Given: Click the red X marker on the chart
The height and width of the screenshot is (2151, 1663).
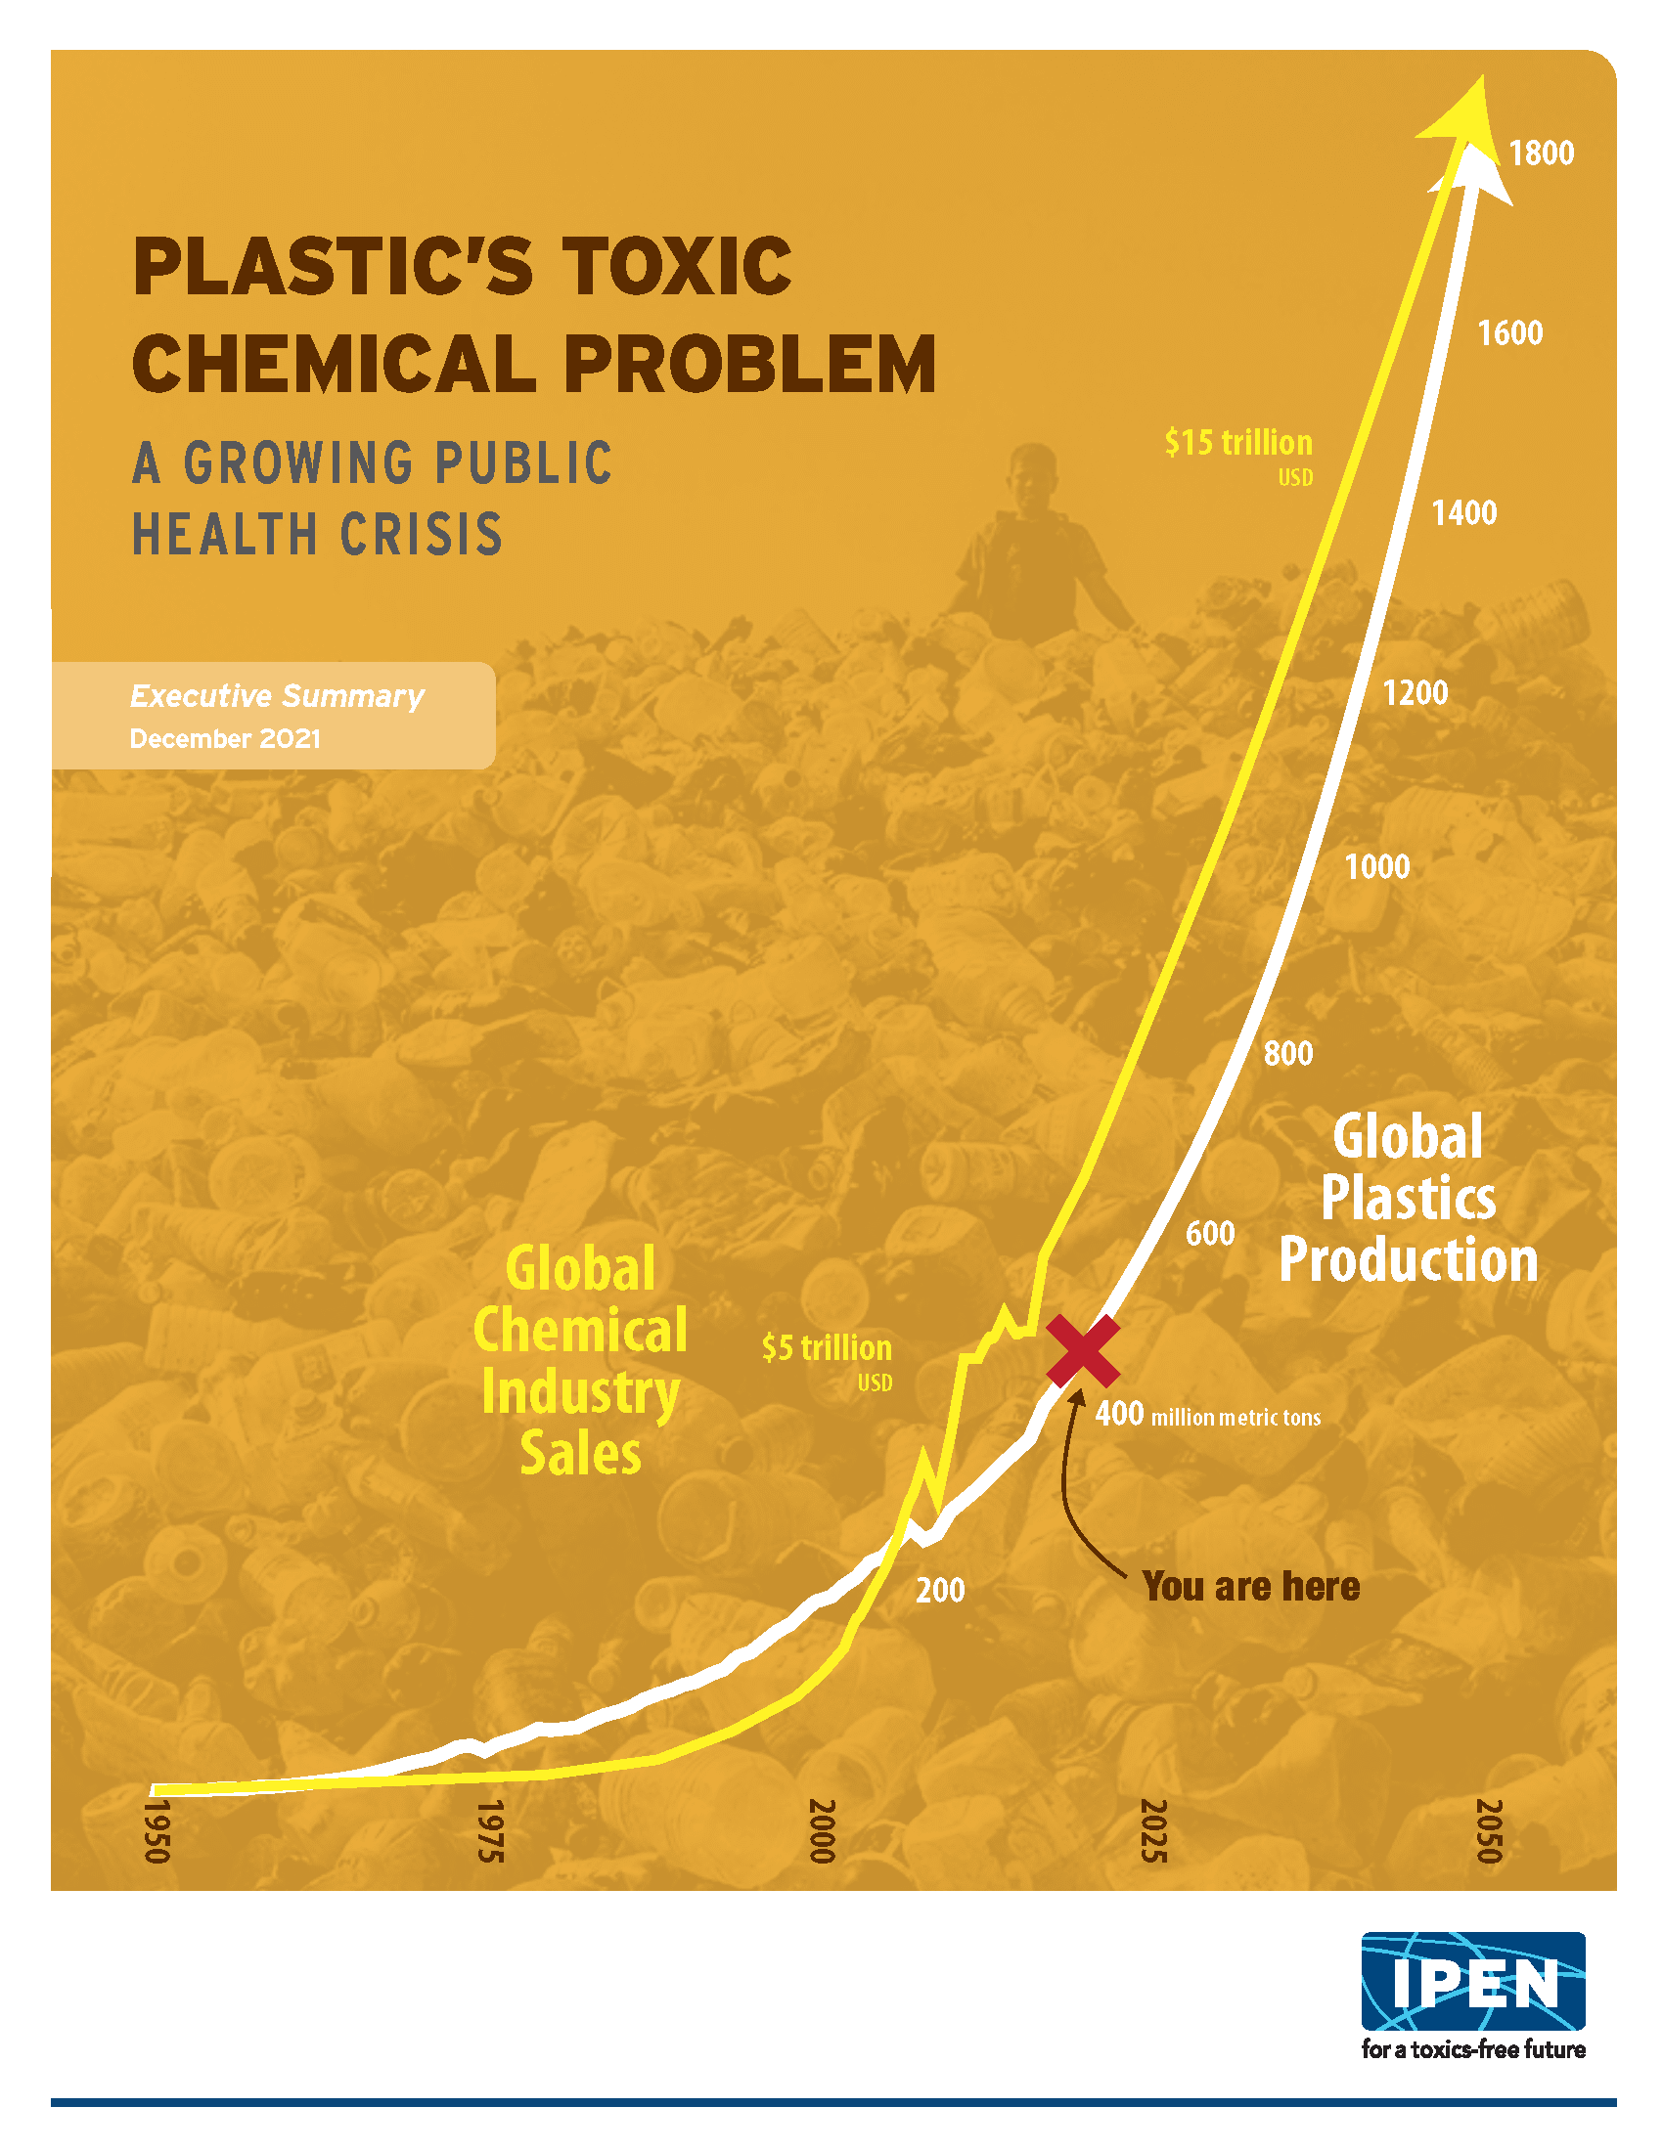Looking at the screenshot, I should tap(1082, 1350).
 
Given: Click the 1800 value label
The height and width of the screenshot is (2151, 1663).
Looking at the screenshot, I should tap(1541, 154).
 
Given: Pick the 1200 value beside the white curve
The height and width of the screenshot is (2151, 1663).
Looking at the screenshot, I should tap(1415, 693).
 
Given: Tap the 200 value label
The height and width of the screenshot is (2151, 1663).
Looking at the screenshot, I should tap(940, 1591).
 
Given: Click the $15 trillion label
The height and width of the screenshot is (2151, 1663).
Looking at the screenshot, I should tap(1238, 443).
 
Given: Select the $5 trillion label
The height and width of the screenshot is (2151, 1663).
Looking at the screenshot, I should tap(827, 1348).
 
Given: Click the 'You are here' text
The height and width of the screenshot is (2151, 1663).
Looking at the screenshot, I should tap(1251, 1587).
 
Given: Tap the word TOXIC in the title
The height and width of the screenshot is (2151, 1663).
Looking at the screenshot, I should tap(677, 267).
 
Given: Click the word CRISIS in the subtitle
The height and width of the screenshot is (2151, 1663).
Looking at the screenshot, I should tap(422, 535).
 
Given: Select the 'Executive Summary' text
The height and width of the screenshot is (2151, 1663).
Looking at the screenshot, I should tap(277, 696).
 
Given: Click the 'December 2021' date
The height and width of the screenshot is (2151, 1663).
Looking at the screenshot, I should tap(225, 738).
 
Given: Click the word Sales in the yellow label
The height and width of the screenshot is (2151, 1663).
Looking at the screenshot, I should tap(580, 1454).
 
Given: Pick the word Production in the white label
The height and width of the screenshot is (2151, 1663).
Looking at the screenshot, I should tap(1408, 1259).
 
